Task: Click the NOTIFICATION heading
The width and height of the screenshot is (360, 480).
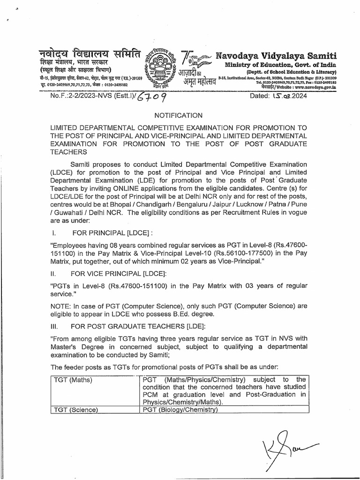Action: (178, 115)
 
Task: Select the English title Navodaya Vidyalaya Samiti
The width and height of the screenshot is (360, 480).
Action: (276, 55)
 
